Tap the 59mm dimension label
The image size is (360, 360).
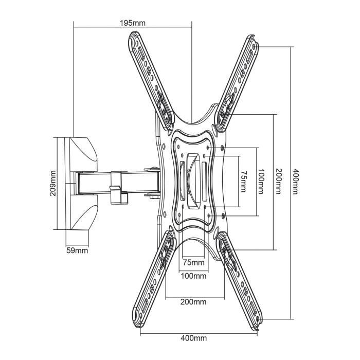[x=77, y=250]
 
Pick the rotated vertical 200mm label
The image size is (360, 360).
[x=278, y=182]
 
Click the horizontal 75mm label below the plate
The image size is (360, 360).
[x=193, y=263]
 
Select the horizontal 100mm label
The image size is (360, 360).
[x=194, y=276]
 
